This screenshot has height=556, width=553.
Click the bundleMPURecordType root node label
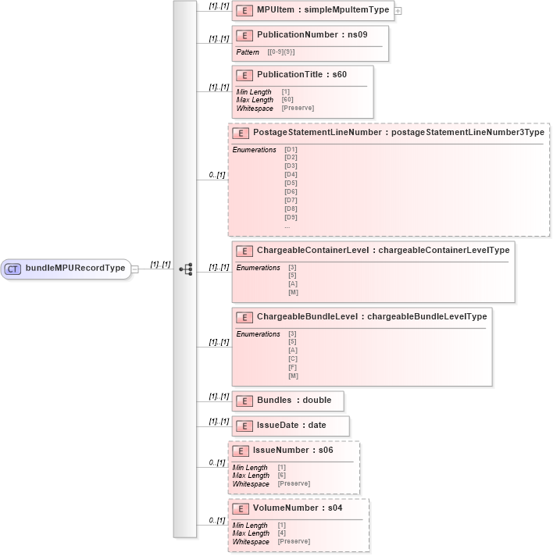click(x=75, y=269)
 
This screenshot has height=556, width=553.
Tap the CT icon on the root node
click(x=13, y=269)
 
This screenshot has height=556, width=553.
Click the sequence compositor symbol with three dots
click(x=186, y=269)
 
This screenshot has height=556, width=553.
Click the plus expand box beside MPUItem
click(x=398, y=11)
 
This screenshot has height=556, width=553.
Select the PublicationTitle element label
click(x=301, y=74)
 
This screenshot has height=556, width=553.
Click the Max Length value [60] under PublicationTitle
click(x=287, y=100)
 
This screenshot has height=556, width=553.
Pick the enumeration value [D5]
click(x=291, y=183)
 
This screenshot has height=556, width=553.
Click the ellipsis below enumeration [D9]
click(x=287, y=226)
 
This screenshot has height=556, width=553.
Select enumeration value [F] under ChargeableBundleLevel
click(x=293, y=367)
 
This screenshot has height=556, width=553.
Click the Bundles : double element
click(x=294, y=400)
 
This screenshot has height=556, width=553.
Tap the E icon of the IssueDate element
click(x=244, y=426)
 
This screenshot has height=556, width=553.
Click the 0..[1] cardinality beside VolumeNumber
click(x=216, y=520)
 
